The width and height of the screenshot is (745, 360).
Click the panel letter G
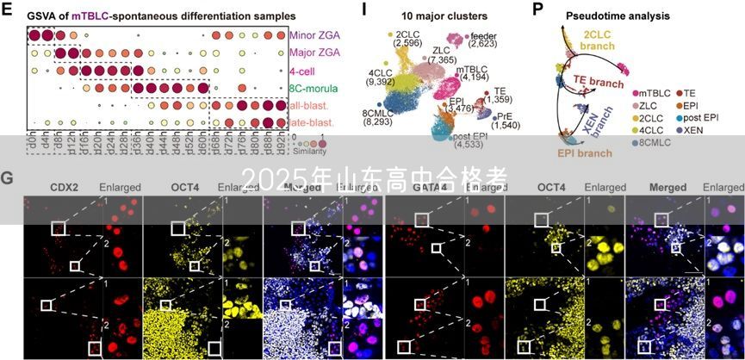pos(7,178)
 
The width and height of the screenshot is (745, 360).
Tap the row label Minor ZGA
pos(315,35)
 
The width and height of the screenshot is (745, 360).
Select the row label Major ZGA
pos(315,53)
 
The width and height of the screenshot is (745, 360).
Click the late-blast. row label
pos(312,122)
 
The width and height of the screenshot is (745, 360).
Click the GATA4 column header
pos(427,185)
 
